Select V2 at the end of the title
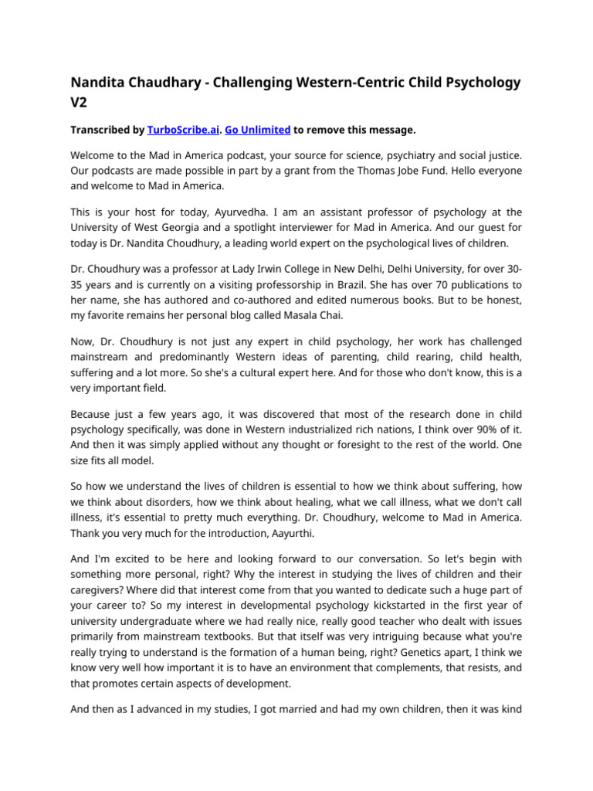(x=81, y=102)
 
